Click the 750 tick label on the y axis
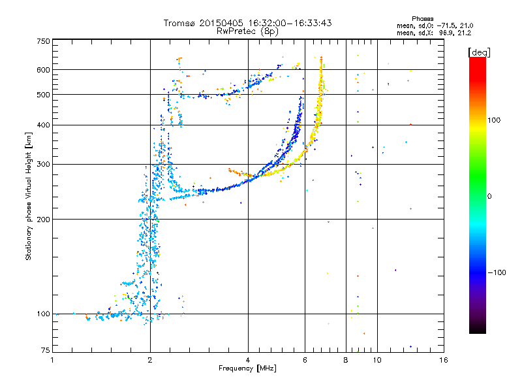click(44, 41)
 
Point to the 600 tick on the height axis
click(44, 69)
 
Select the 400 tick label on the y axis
click(44, 125)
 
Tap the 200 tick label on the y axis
click(44, 219)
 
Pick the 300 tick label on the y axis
click(44, 164)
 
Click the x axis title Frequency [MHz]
click(247, 369)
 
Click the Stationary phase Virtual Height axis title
click(29, 196)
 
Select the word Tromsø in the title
click(181, 23)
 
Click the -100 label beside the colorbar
click(499, 272)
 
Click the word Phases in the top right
click(419, 18)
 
